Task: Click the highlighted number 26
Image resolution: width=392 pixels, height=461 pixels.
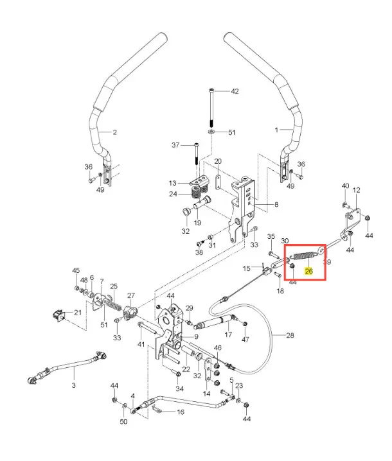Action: [309, 272]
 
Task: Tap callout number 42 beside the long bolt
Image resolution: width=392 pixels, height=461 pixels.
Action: [235, 91]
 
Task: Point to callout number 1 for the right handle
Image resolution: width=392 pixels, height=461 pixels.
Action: [277, 129]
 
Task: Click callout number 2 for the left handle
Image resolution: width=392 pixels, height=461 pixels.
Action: [114, 133]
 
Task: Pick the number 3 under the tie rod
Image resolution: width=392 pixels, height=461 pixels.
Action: [73, 385]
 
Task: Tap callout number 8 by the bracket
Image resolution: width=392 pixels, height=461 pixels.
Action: [276, 205]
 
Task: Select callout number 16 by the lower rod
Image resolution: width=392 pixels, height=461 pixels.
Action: [181, 412]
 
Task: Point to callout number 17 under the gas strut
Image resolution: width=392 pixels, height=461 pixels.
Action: [228, 335]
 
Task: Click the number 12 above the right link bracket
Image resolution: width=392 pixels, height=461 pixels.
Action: [357, 190]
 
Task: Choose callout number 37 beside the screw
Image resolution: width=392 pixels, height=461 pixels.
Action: [175, 145]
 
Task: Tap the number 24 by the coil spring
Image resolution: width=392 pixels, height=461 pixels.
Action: [173, 194]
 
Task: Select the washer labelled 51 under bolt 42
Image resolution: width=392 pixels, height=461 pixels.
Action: [211, 132]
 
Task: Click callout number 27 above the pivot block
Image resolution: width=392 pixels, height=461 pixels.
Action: [131, 295]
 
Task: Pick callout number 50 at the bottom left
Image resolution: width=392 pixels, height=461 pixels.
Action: [123, 421]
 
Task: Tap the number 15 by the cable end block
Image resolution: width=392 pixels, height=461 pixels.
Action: [247, 268]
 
